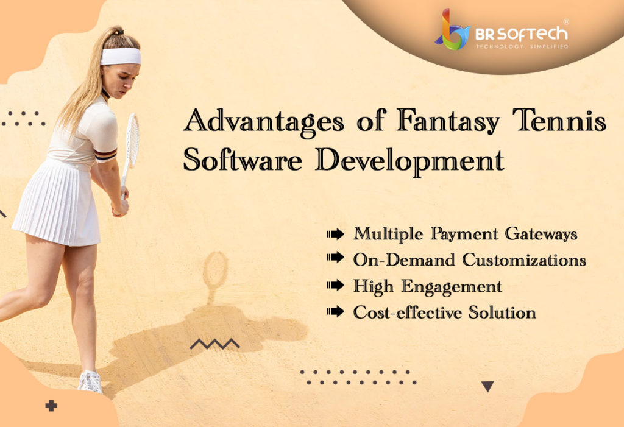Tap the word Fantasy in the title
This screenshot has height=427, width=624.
pyautogui.click(x=448, y=121)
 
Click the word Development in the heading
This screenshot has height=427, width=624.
pyautogui.click(x=410, y=161)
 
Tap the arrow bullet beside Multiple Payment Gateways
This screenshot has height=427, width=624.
pyautogui.click(x=336, y=234)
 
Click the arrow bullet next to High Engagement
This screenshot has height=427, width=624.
pyautogui.click(x=336, y=285)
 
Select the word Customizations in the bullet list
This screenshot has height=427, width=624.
pyautogui.click(x=524, y=260)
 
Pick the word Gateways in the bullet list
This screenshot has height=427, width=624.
pyautogui.click(x=541, y=234)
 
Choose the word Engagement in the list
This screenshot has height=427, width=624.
pyautogui.click(x=452, y=286)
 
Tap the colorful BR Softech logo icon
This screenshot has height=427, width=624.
pyautogui.click(x=453, y=30)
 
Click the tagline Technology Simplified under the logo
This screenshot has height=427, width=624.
pyautogui.click(x=522, y=46)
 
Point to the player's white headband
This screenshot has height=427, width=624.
pyautogui.click(x=121, y=56)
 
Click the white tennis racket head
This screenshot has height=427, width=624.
pyautogui.click(x=132, y=140)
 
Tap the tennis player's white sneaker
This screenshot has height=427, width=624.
pyautogui.click(x=90, y=382)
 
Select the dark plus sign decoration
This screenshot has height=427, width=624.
pyautogui.click(x=51, y=406)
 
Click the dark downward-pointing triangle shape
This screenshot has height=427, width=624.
pyautogui.click(x=487, y=385)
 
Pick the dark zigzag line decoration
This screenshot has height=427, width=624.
pyautogui.click(x=214, y=344)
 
